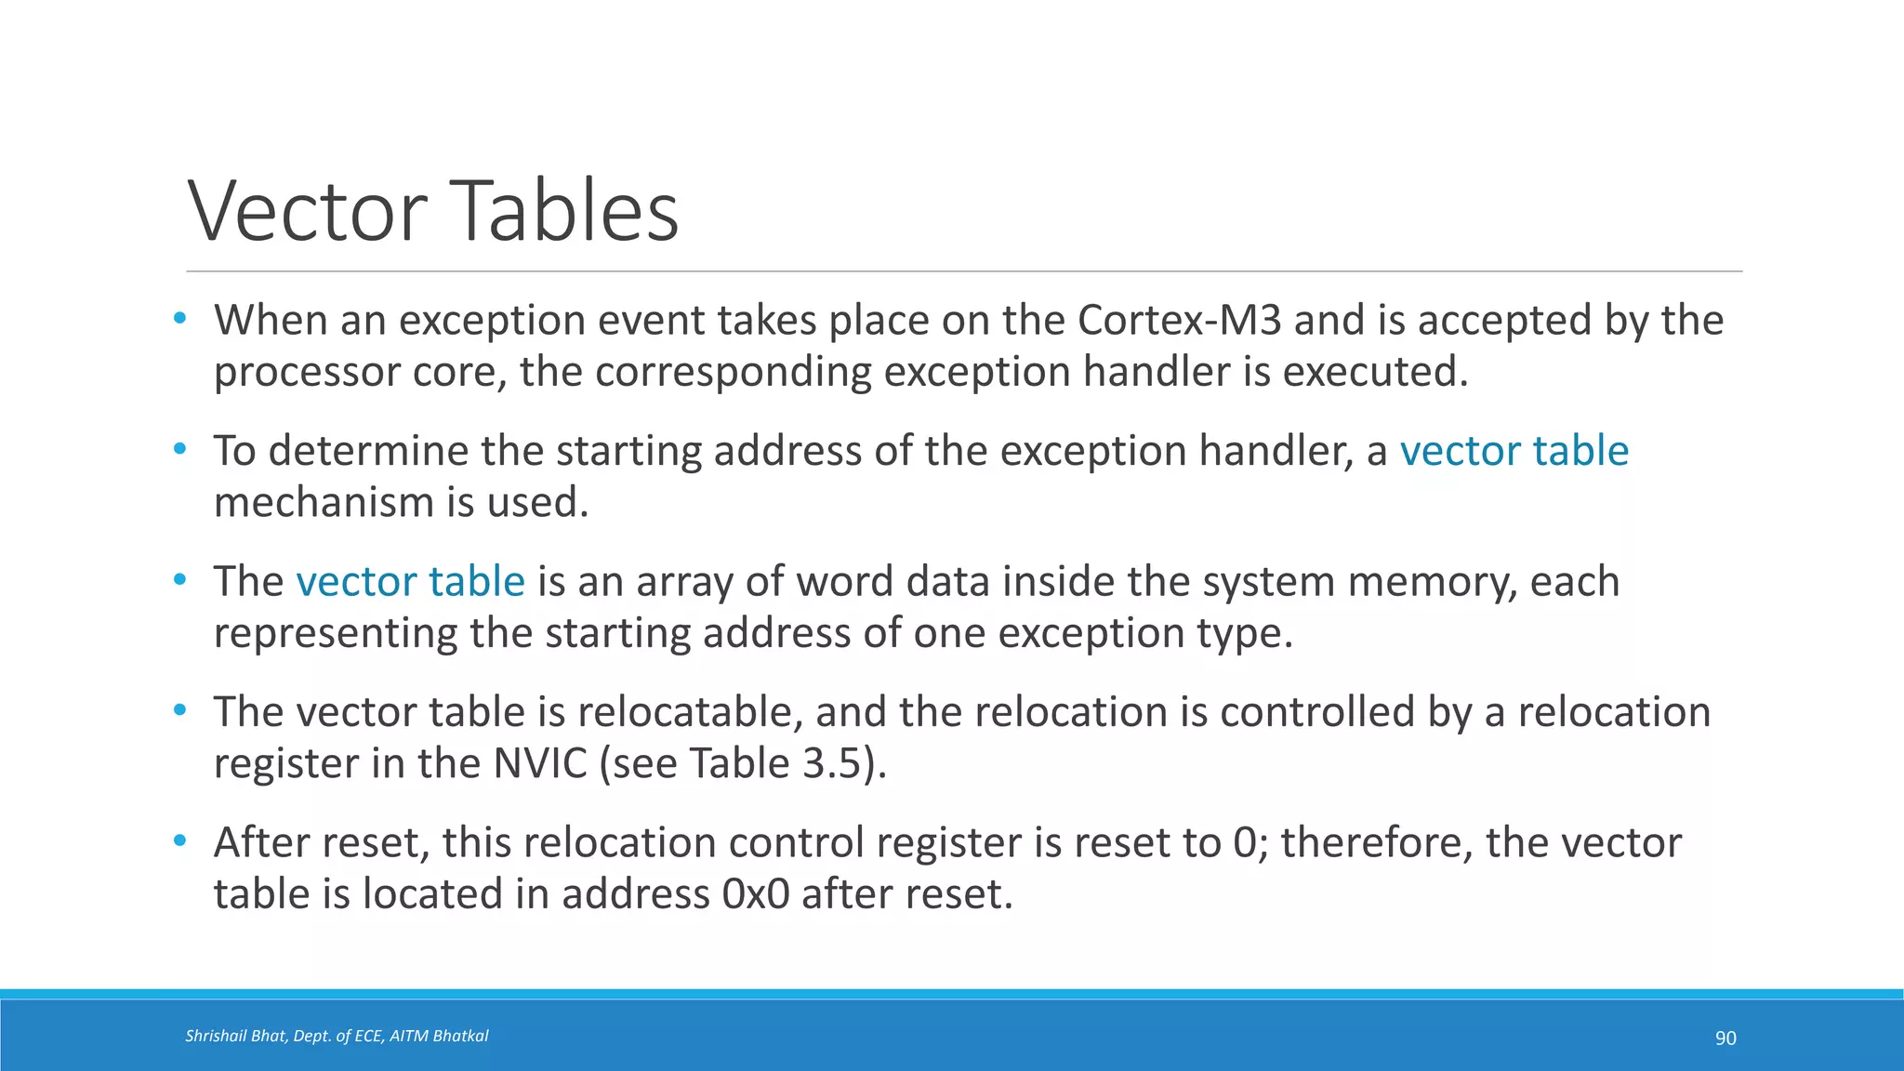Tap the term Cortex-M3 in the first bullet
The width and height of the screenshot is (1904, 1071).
click(x=1180, y=320)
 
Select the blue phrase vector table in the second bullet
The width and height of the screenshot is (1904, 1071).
click(x=1514, y=451)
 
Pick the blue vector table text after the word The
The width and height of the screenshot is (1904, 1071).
click(x=410, y=582)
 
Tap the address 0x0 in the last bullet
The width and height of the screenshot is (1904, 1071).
click(x=755, y=894)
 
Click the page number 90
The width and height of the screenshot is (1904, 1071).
click(x=1725, y=1038)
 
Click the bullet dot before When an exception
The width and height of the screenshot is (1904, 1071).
click(x=180, y=319)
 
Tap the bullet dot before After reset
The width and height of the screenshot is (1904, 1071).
click(x=180, y=841)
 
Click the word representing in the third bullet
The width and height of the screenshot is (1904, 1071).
click(x=335, y=634)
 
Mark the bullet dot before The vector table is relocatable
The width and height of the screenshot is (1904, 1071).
click(x=180, y=711)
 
